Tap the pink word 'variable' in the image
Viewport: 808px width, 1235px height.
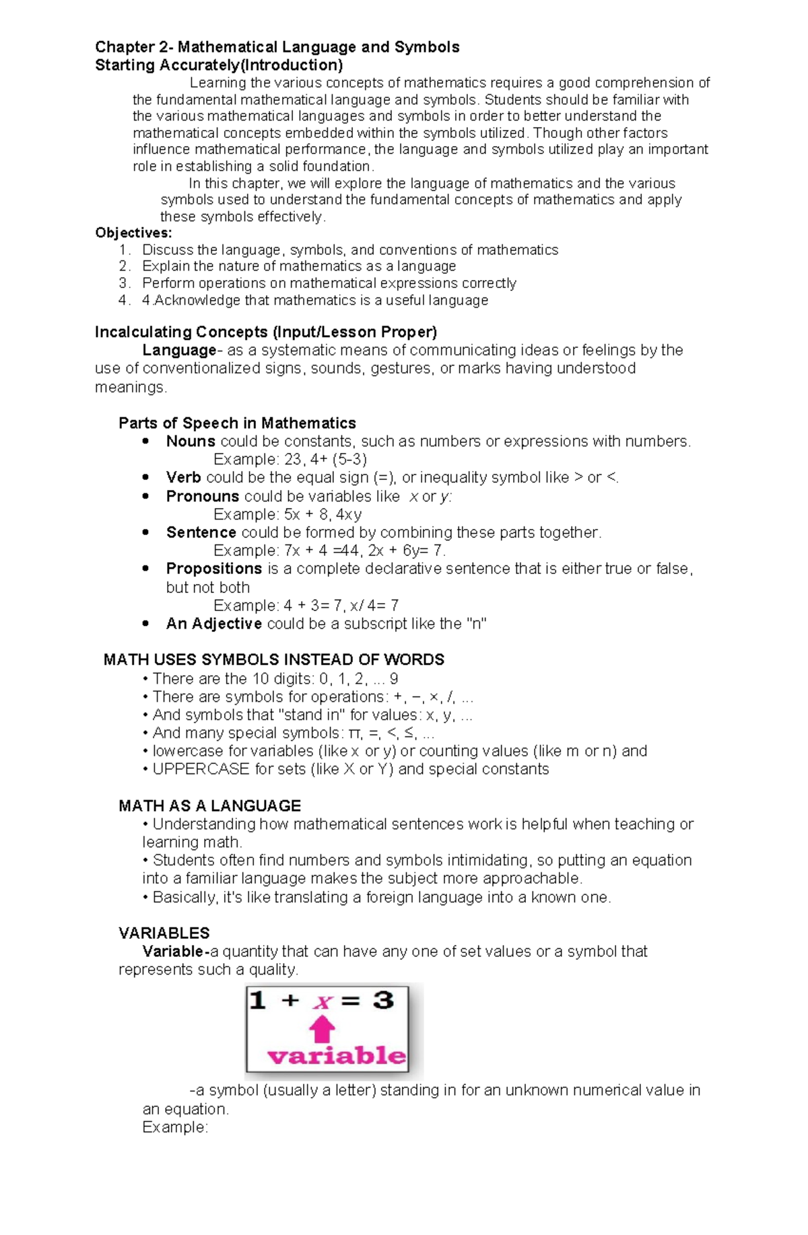pyautogui.click(x=337, y=1055)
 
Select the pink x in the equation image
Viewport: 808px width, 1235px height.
pyautogui.click(x=323, y=1002)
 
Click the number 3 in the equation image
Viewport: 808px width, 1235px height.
pyautogui.click(x=383, y=1000)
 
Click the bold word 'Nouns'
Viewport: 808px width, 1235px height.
pyautogui.click(x=191, y=442)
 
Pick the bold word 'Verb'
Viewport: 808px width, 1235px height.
pyautogui.click(x=183, y=478)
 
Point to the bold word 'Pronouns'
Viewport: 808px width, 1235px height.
pyautogui.click(x=202, y=497)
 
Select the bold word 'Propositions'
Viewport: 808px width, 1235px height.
pyautogui.click(x=213, y=569)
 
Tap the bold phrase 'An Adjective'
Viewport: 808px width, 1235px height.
pyautogui.click(x=213, y=624)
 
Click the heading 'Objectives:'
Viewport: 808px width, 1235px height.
pyautogui.click(x=133, y=233)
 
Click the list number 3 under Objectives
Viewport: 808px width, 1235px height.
pyautogui.click(x=123, y=283)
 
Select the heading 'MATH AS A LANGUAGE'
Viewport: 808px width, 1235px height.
pyautogui.click(x=209, y=806)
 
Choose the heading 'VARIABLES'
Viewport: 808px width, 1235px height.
pyautogui.click(x=164, y=933)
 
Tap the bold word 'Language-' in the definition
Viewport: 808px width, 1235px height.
pyautogui.click(x=180, y=350)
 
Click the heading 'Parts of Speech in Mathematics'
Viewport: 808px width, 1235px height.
pyautogui.click(x=237, y=423)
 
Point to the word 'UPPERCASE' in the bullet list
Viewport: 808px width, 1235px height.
pyautogui.click(x=201, y=769)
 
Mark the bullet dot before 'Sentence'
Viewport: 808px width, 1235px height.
pyautogui.click(x=145, y=532)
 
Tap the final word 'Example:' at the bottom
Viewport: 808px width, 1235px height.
pyautogui.click(x=175, y=1127)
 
